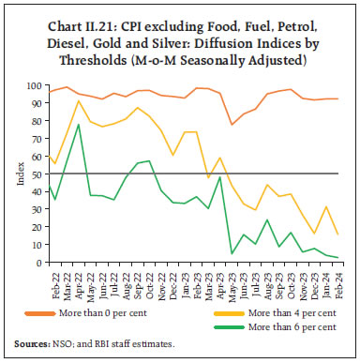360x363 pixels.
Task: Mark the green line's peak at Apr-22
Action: click(77, 124)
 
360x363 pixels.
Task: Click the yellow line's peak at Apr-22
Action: click(77, 100)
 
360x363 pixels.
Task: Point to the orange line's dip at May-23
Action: click(232, 125)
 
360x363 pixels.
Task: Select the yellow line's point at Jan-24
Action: click(325, 206)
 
